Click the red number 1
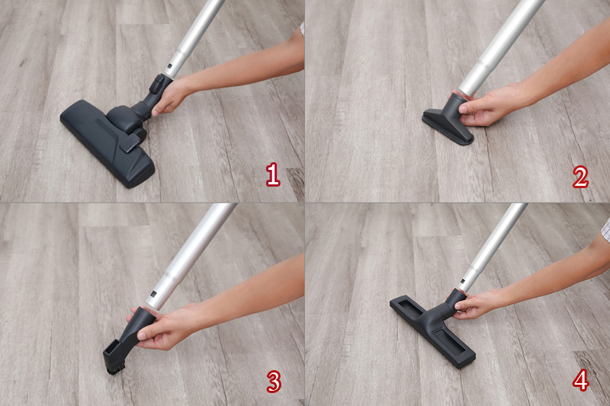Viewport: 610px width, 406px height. tap(273, 174)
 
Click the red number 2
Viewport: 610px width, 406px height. tap(580, 177)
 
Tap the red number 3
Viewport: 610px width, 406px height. tap(274, 381)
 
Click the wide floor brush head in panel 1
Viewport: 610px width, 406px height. tap(107, 142)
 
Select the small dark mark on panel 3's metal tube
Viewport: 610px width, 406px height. tap(153, 294)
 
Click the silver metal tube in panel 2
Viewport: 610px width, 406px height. tap(501, 47)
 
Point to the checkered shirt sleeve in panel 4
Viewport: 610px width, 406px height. tap(605, 229)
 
